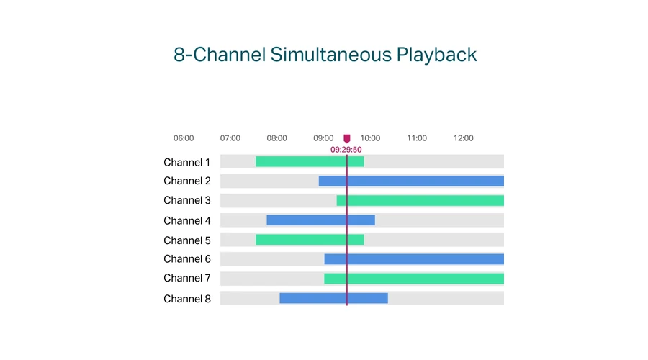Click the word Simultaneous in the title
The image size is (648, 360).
(330, 55)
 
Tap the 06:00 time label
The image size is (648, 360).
(184, 138)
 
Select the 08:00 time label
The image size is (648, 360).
(276, 138)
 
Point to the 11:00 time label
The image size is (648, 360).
(417, 138)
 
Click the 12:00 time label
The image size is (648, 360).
(463, 138)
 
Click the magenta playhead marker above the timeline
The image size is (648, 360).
(347, 138)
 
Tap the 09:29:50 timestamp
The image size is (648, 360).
(346, 150)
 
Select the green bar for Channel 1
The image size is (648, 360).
(310, 161)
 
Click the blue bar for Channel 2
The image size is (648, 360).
(411, 181)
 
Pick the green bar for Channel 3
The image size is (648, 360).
(420, 200)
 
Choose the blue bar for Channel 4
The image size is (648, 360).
(320, 220)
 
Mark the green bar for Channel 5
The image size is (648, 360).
(310, 240)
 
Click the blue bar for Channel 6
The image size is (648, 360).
(414, 259)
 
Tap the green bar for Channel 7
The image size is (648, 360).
(414, 279)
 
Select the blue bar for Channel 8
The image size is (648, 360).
(333, 298)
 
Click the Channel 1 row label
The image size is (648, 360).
(186, 163)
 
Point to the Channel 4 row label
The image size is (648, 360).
(186, 221)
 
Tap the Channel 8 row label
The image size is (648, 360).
(186, 299)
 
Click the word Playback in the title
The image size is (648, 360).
(436, 55)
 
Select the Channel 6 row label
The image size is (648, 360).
(186, 259)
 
